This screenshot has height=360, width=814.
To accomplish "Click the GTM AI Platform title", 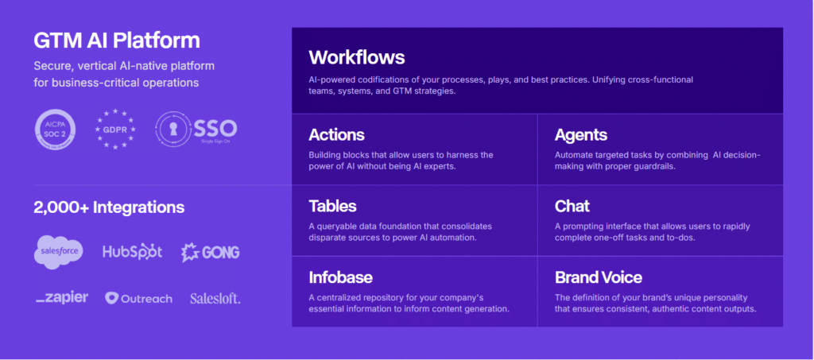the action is click(x=117, y=41).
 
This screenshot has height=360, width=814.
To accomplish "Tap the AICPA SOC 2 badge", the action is click(x=55, y=130).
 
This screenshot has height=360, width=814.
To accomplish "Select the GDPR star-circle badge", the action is click(x=115, y=130).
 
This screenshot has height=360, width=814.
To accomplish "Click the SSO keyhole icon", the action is click(x=173, y=130).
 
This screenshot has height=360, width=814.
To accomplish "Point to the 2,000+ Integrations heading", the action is click(x=109, y=207).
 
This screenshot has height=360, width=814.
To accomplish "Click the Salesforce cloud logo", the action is click(x=59, y=252).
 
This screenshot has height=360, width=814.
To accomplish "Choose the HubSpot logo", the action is click(x=133, y=252).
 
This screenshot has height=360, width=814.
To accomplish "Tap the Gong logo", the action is click(x=210, y=252).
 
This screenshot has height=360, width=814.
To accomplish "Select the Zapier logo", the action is click(x=62, y=298).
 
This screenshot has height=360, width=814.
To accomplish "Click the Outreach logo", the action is click(x=138, y=298).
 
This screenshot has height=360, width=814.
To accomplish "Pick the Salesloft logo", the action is click(x=215, y=298).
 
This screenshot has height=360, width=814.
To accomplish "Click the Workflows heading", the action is click(x=357, y=57).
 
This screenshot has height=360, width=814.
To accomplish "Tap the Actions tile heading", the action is click(x=336, y=135).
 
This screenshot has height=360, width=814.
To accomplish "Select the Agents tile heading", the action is click(x=581, y=135).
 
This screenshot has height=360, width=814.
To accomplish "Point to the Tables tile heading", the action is click(x=333, y=206).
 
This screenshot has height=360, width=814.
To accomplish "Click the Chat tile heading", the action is click(x=572, y=206).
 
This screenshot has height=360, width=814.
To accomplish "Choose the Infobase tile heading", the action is click(x=340, y=277).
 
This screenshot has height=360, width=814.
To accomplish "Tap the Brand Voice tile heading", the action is click(x=599, y=277).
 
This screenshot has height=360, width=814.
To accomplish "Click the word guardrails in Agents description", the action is click(x=656, y=167).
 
